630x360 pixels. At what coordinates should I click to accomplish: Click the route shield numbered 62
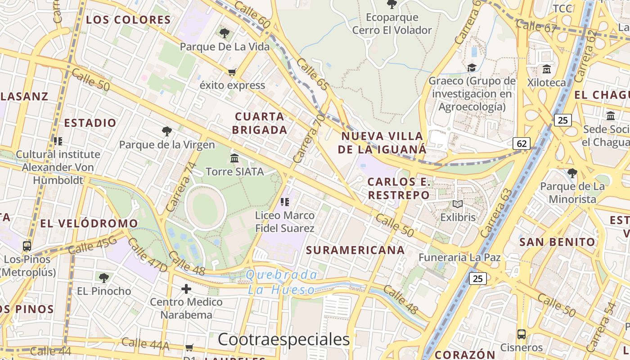tap(522, 144)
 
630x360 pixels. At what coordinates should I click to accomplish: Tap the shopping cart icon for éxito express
tap(232, 72)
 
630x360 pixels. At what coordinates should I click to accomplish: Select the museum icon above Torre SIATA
tap(234, 158)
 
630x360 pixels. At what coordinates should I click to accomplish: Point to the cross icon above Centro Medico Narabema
tap(186, 288)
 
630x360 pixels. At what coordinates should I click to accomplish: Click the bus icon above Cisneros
tap(521, 334)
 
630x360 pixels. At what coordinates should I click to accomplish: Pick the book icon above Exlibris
tap(458, 204)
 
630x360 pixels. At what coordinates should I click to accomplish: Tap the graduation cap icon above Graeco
tap(472, 68)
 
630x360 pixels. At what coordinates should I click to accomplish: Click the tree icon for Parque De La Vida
tap(224, 33)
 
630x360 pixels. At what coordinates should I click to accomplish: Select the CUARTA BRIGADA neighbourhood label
tap(261, 123)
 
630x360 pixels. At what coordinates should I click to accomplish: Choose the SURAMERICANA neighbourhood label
tap(355, 250)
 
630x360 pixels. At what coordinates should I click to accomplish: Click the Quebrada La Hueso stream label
tap(282, 282)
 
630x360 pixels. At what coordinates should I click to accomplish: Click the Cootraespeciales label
tap(283, 339)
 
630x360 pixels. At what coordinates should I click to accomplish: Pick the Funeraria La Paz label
tap(459, 257)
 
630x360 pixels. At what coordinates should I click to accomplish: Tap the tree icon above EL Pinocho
tap(104, 278)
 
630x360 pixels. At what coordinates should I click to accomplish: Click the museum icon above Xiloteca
tap(547, 69)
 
